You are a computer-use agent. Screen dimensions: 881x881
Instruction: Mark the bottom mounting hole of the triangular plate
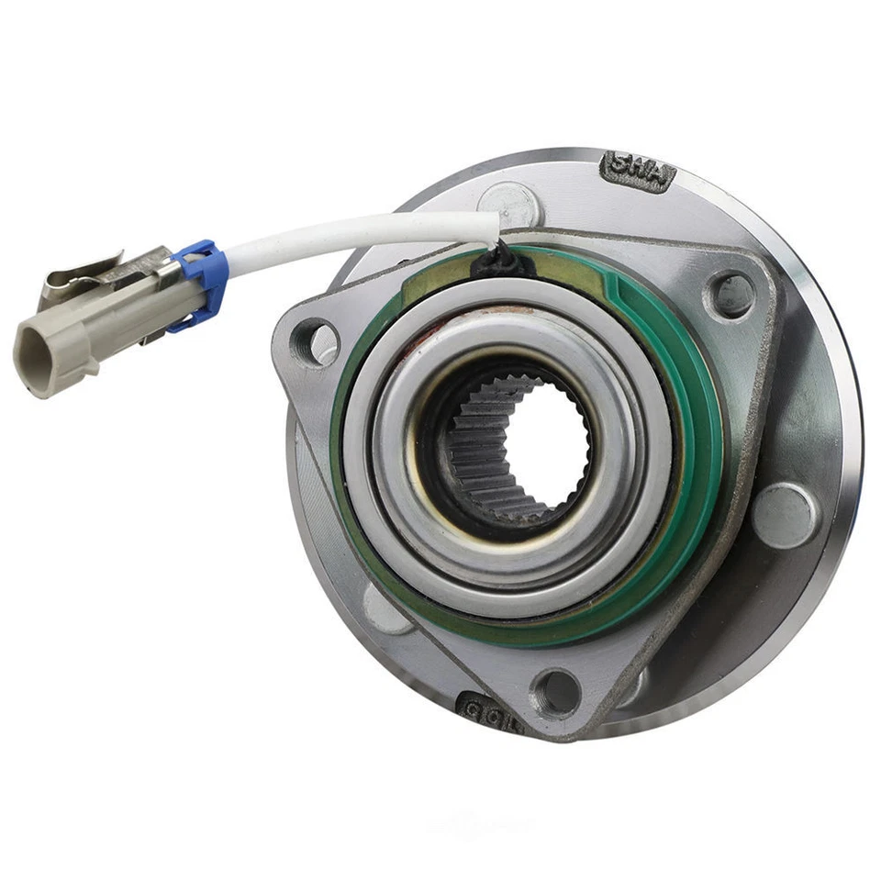556,691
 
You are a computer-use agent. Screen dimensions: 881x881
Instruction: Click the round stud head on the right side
785,515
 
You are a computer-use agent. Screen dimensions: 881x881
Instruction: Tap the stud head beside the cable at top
510,202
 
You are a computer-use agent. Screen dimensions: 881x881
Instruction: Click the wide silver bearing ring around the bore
624,477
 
